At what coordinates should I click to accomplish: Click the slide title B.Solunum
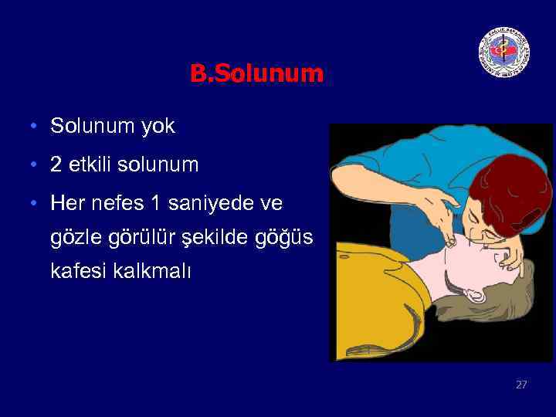(x=256, y=74)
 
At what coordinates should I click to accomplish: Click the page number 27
(x=521, y=384)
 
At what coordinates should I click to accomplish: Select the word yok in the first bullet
(x=158, y=126)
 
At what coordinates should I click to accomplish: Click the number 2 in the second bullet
(x=56, y=164)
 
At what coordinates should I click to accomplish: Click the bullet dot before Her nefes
(x=36, y=204)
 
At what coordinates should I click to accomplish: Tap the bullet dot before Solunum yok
(x=36, y=127)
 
